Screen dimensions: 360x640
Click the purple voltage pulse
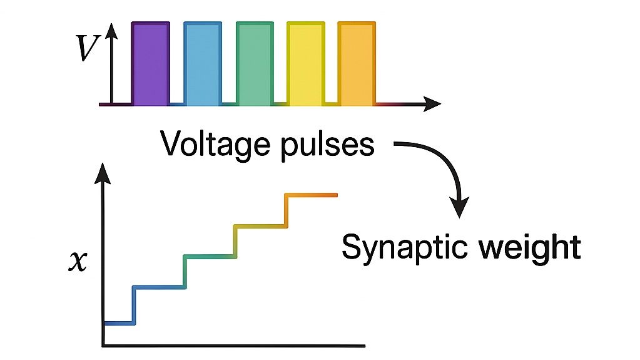150,63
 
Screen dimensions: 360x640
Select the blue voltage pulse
203,63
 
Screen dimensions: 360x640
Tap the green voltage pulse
255,63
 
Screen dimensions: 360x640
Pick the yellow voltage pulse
305,63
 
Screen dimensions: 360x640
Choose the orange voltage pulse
356,63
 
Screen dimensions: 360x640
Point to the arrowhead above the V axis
112,31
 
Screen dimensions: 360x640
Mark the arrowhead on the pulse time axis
432,103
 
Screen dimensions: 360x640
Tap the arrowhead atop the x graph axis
103,173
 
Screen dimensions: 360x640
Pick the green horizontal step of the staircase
209,256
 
